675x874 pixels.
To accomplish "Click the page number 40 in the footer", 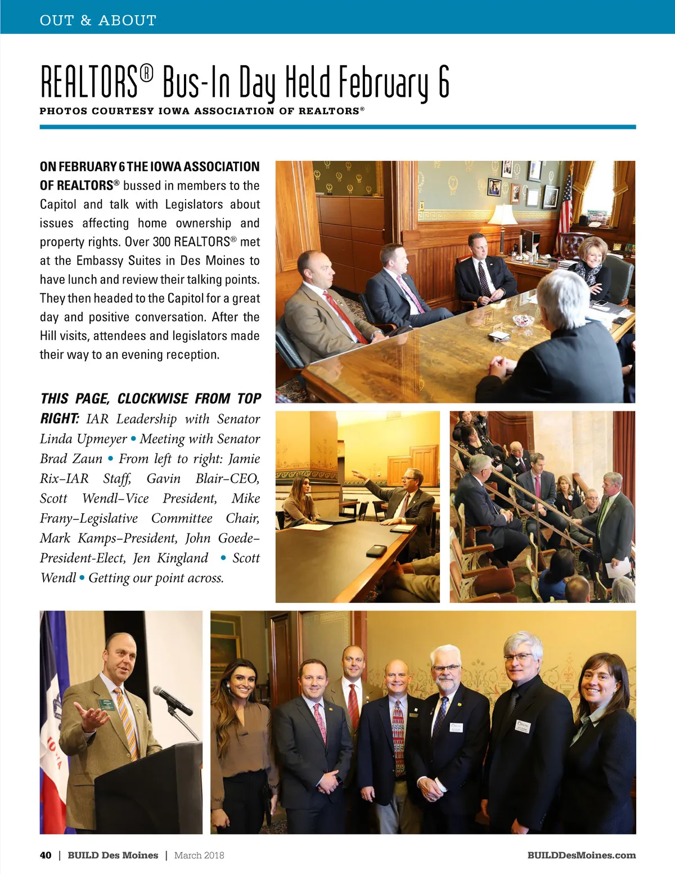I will click(x=46, y=855).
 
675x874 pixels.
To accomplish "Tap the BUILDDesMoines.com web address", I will click(x=581, y=855).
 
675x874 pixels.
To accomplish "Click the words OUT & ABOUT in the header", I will click(x=98, y=21).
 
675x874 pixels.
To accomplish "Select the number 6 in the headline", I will click(x=443, y=82).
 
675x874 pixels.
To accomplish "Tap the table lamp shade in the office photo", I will click(x=502, y=214).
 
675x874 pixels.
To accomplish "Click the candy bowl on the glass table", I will click(x=523, y=320).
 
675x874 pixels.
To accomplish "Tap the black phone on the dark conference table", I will click(x=376, y=550).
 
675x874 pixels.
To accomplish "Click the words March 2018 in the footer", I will click(x=199, y=855).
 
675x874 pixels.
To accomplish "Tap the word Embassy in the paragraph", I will click(x=100, y=261).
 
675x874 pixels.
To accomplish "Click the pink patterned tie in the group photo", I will click(x=320, y=721).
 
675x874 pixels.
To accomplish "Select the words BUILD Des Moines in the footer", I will click(x=112, y=855).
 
